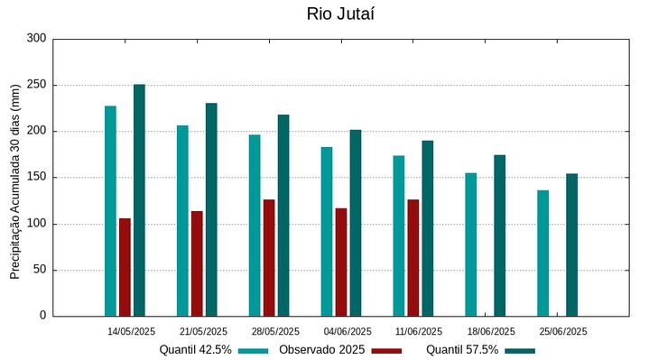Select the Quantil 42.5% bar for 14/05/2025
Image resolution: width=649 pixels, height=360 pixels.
click(x=110, y=211)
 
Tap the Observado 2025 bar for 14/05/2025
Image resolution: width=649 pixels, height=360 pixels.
click(x=125, y=267)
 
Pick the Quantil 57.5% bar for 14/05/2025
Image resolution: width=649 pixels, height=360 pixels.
click(x=139, y=200)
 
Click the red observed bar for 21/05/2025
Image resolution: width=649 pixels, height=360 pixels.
click(x=197, y=263)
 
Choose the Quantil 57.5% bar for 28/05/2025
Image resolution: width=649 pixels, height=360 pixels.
click(x=283, y=215)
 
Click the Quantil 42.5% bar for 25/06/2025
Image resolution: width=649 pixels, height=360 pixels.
click(x=542, y=253)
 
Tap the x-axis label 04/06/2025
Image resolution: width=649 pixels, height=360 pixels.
click(x=348, y=331)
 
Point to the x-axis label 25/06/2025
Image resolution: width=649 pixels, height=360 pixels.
click(x=563, y=331)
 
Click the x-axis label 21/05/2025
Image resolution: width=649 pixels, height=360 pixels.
click(x=203, y=331)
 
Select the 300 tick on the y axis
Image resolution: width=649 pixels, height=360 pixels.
click(x=36, y=39)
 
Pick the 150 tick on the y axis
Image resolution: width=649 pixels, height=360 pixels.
click(x=36, y=178)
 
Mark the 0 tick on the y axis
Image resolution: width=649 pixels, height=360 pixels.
click(x=42, y=316)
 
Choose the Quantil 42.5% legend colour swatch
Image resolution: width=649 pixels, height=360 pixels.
click(x=254, y=350)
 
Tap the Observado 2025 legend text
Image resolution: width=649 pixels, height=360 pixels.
click(x=321, y=350)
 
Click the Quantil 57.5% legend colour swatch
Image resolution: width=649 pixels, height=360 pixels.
click(x=520, y=350)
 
